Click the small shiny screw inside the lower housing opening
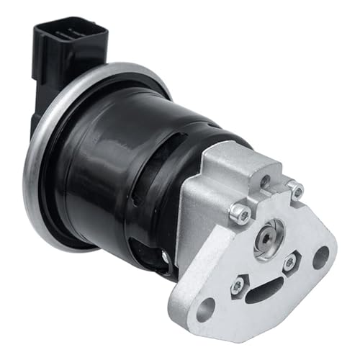166,256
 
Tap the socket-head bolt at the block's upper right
296,191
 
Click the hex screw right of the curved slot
289,263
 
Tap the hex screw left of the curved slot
235,287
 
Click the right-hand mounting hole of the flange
320,256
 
